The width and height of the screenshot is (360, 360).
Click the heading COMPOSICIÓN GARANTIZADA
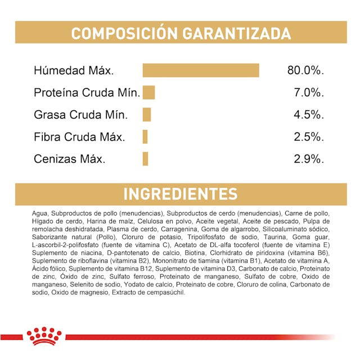180,33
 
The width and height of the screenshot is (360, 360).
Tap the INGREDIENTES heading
180,194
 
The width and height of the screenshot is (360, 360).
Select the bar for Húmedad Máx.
201,71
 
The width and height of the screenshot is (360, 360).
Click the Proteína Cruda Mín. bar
148,93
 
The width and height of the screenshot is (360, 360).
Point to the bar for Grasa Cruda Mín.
147,115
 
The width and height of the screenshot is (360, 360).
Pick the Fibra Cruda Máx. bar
145,137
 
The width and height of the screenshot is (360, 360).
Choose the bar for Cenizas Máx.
145,159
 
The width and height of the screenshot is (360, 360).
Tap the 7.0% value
309,93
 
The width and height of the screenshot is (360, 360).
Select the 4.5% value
309,115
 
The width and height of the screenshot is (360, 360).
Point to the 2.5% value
309,137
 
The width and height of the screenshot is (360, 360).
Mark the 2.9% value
309,159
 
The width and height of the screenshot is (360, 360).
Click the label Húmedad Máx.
74,71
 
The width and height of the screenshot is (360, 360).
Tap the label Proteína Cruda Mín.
87,93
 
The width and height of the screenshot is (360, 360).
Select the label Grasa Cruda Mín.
80,115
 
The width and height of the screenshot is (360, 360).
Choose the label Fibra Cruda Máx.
79,137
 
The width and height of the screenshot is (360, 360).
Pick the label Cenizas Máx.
70,159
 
